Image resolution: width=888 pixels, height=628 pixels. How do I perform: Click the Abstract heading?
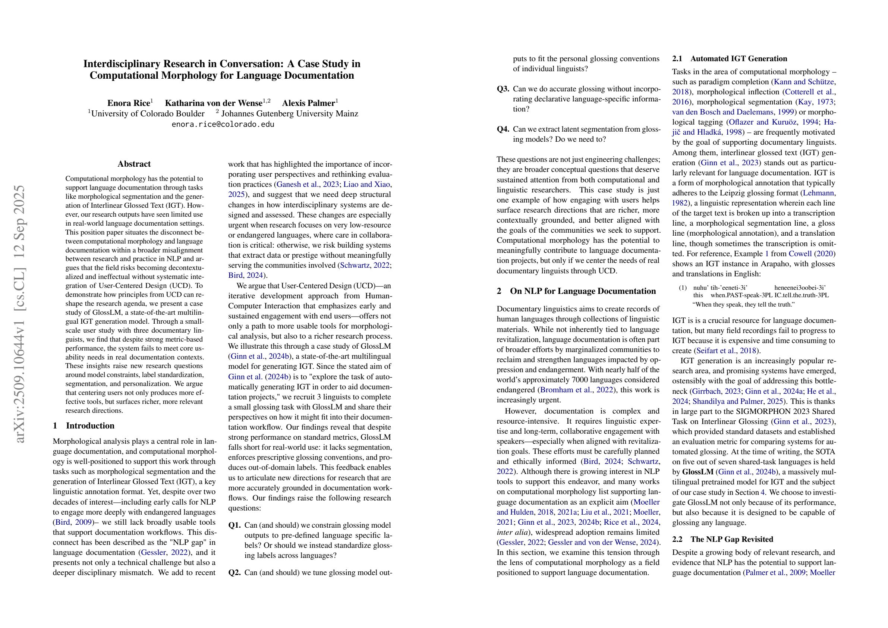(134, 164)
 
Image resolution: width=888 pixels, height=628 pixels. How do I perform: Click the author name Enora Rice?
(128, 103)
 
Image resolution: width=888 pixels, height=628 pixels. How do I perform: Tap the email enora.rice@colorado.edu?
(223, 124)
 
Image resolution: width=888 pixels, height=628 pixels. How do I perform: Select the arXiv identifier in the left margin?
(19, 314)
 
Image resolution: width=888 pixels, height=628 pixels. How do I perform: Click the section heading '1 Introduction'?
(84, 426)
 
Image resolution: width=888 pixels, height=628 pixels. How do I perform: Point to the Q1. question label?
(234, 525)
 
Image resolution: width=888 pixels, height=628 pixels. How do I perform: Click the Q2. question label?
(234, 573)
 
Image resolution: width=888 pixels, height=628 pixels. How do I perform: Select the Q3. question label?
(503, 89)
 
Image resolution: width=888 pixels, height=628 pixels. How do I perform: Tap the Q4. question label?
(503, 129)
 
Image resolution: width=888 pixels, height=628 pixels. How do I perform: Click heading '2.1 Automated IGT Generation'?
(730, 59)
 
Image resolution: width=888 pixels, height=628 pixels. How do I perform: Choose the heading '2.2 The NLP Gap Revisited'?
(722, 539)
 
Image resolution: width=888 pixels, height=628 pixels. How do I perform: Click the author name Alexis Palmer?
(308, 103)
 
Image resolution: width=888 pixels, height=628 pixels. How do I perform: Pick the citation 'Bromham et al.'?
(565, 390)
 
